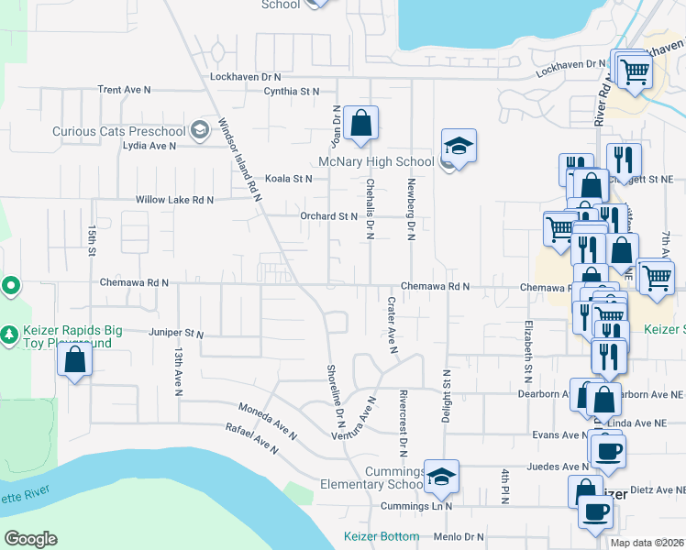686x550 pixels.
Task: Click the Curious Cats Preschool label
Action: [x=118, y=131]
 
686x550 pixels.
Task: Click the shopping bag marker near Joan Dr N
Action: [x=362, y=122]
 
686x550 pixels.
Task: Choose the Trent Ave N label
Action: [x=124, y=90]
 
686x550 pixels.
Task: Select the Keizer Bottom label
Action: [x=382, y=536]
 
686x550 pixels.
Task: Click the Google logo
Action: [x=30, y=538]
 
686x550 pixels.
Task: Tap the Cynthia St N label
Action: [x=291, y=92]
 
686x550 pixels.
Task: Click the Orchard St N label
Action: [x=328, y=216]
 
